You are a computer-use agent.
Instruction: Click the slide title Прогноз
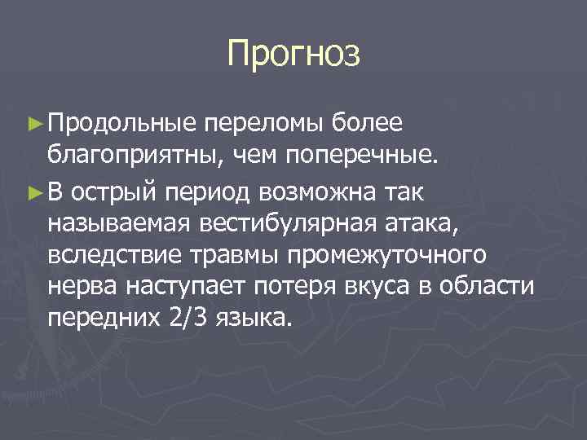click(293, 54)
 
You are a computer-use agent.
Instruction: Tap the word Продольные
click(122, 122)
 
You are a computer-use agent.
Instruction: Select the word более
click(372, 122)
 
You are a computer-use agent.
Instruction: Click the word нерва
click(82, 288)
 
